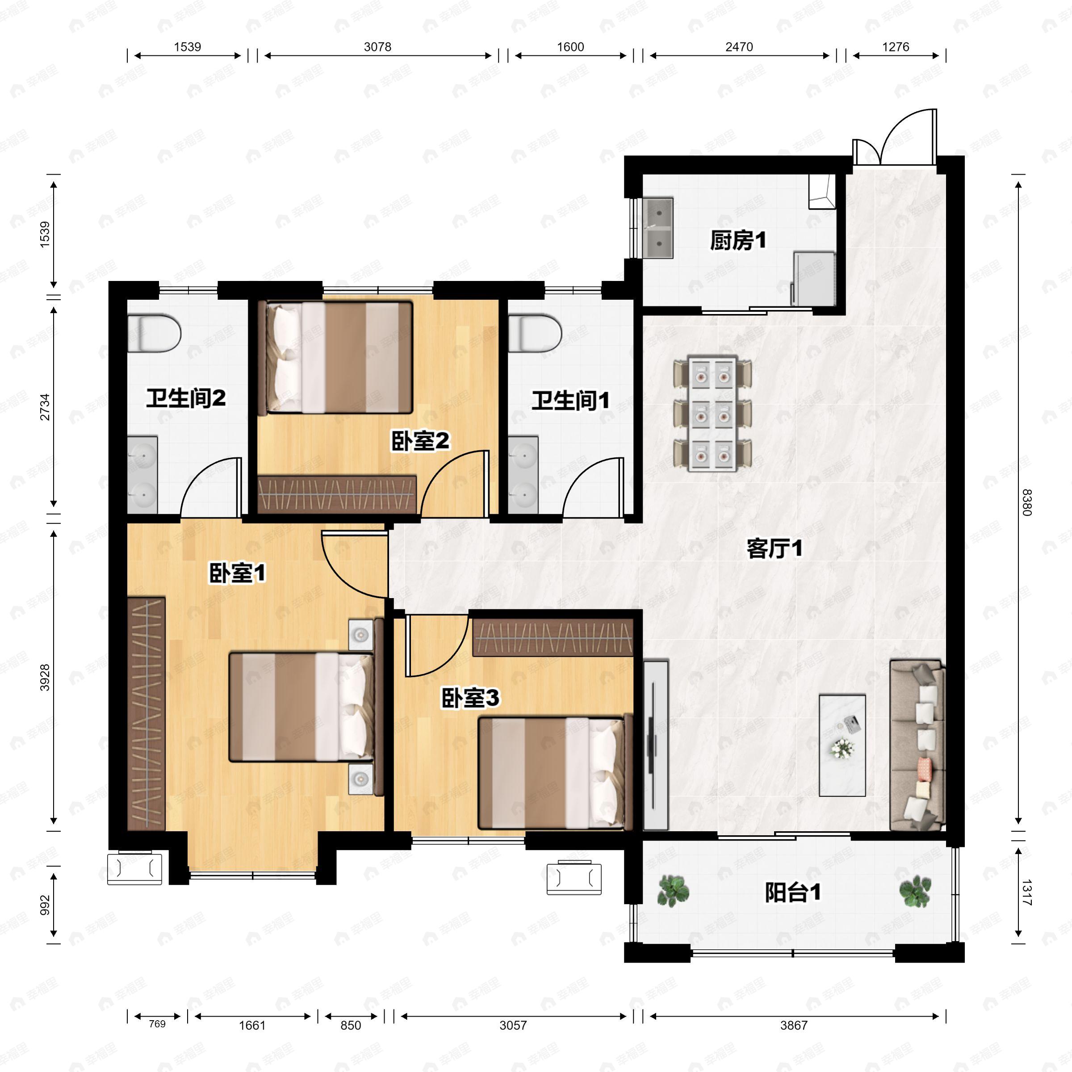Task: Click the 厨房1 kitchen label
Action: pyautogui.click(x=738, y=241)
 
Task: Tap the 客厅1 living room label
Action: pyautogui.click(x=774, y=549)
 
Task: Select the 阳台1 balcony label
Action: pyautogui.click(x=793, y=893)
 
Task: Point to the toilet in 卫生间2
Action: pyautogui.click(x=154, y=334)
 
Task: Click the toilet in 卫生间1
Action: pyautogui.click(x=534, y=334)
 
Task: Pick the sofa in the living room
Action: pyautogui.click(x=917, y=745)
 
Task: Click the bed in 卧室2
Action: pyautogui.click(x=339, y=357)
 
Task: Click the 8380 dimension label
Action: pyautogui.click(x=1026, y=502)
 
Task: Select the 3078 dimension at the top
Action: pyautogui.click(x=377, y=46)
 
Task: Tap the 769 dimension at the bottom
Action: pyautogui.click(x=157, y=1024)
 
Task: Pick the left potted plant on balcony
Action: pyautogui.click(x=673, y=891)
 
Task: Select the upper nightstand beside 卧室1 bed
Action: pyautogui.click(x=360, y=634)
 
